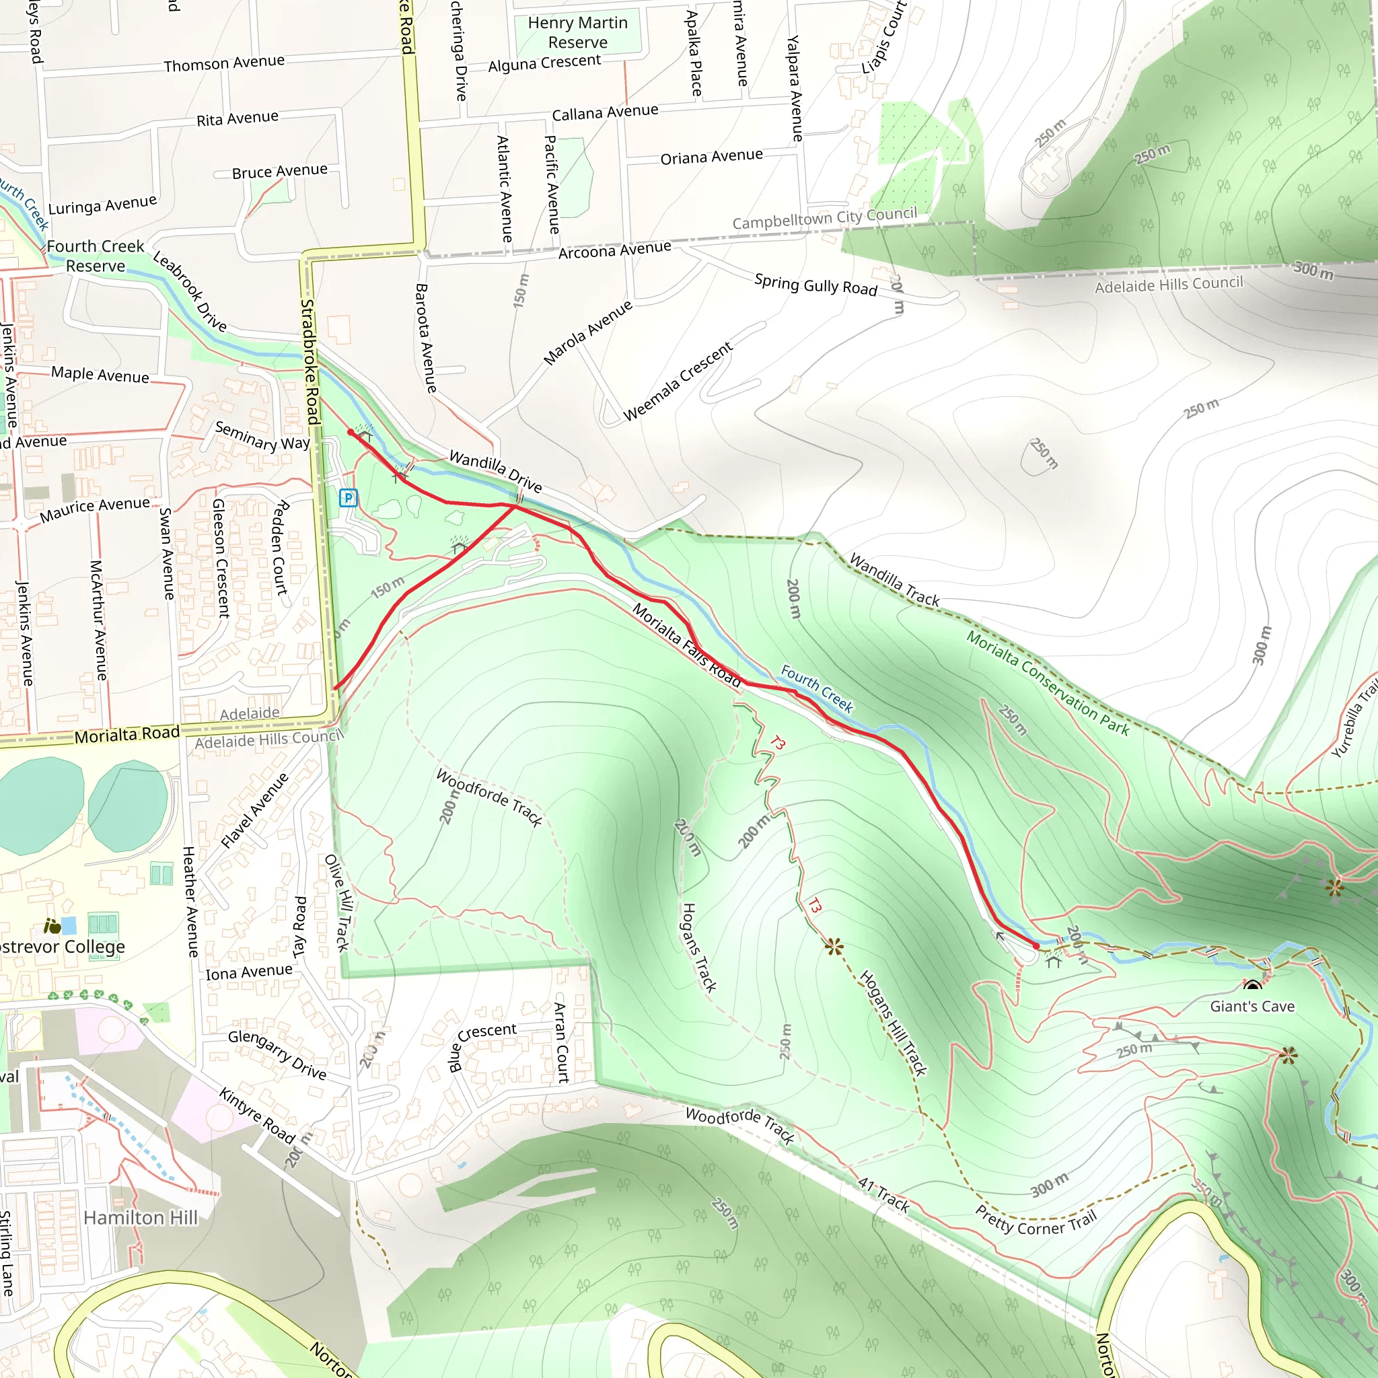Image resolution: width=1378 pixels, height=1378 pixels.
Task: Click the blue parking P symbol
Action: click(348, 498)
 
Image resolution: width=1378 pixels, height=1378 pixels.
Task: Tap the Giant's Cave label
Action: click(1252, 1007)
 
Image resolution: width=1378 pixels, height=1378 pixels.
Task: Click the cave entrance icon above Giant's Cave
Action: click(1252, 986)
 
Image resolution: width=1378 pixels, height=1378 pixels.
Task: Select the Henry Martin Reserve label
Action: click(577, 33)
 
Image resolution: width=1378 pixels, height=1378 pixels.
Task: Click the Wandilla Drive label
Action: click(496, 472)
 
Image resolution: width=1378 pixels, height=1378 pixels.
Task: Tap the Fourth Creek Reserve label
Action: click(96, 256)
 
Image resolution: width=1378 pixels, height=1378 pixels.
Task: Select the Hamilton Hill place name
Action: click(141, 1217)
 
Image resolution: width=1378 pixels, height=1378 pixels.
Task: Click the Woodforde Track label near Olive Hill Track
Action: click(488, 797)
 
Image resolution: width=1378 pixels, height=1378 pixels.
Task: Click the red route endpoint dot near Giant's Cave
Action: click(1036, 946)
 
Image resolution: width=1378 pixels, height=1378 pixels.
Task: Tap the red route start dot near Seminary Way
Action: click(350, 432)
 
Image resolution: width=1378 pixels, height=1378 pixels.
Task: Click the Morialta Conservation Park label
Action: click(1047, 682)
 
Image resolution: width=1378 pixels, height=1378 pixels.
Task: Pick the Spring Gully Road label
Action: click(815, 285)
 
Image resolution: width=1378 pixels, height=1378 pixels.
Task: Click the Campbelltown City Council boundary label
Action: click(824, 218)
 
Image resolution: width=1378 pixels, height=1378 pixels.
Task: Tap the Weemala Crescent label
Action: click(678, 382)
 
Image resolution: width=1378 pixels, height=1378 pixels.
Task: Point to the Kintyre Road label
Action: click(257, 1116)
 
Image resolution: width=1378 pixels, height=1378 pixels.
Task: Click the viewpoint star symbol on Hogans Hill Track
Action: click(834, 947)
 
